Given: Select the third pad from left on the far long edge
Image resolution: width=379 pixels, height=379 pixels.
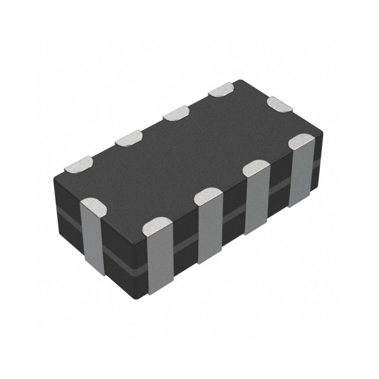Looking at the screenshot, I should tap(176, 114).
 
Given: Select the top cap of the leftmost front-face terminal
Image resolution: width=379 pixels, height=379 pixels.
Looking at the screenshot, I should tap(157, 226).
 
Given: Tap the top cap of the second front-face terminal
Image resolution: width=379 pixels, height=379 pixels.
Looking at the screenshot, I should tap(209, 197).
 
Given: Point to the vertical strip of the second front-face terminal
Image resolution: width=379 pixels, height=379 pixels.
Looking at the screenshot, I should tap(210, 235).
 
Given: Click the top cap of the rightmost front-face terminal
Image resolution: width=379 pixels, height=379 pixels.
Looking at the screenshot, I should tap(302, 142).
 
